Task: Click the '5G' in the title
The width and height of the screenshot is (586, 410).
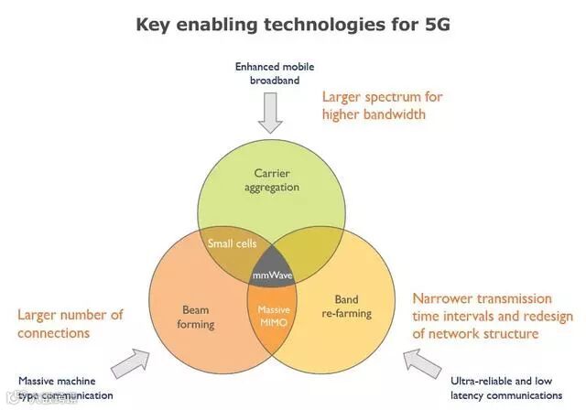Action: (438, 25)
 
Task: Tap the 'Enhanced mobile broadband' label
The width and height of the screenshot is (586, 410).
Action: (275, 73)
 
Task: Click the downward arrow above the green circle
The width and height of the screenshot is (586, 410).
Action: (270, 113)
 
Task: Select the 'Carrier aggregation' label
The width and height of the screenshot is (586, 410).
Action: (272, 180)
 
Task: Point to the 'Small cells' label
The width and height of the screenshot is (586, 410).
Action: (232, 243)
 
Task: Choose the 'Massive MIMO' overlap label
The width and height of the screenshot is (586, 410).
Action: (273, 316)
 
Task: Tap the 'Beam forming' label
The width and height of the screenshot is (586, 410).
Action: (195, 317)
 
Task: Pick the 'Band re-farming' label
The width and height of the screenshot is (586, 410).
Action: (346, 307)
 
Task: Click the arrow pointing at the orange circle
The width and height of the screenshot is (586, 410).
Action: (130, 363)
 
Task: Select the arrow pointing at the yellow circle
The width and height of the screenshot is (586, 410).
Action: (422, 363)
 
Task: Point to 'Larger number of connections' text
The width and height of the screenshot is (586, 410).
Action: (71, 324)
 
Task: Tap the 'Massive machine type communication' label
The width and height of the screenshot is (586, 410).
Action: (66, 388)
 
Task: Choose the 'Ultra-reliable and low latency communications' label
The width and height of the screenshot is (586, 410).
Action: (506, 388)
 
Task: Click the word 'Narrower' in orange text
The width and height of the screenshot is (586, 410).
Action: (441, 298)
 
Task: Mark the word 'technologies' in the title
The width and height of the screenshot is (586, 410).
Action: (324, 26)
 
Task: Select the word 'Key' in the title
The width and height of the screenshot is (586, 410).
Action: (152, 26)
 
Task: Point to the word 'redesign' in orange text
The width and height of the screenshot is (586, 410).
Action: (548, 317)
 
